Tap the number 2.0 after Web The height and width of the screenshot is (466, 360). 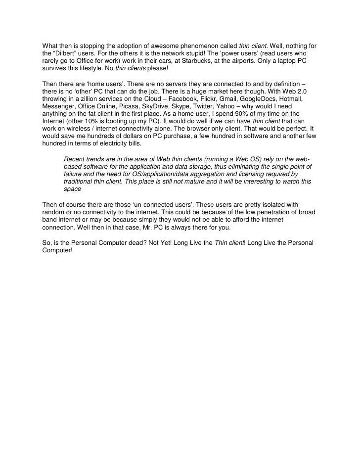point(311,91)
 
